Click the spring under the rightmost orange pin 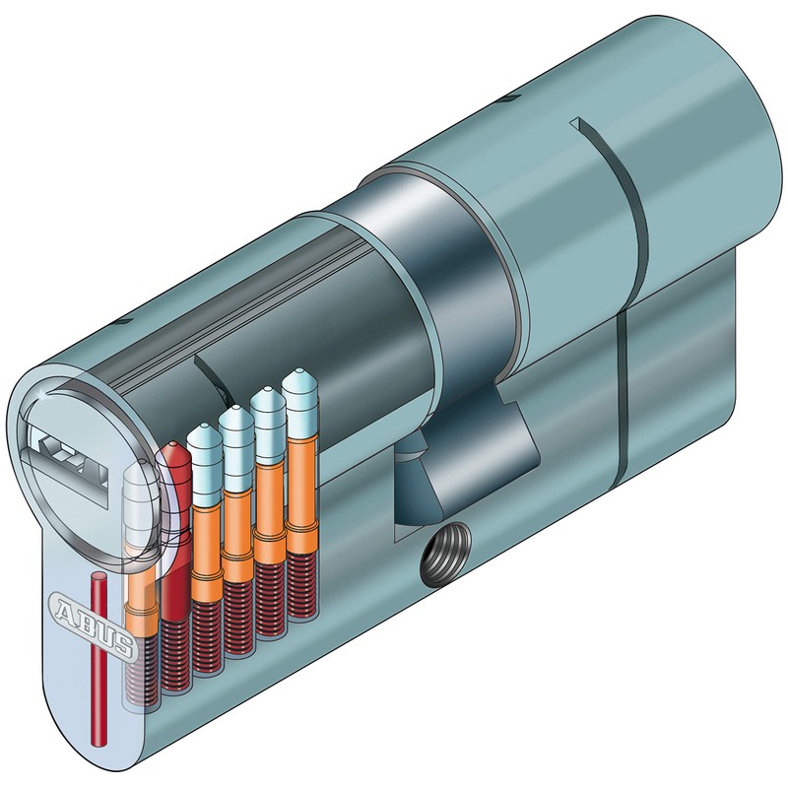click(299, 586)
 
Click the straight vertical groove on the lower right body click(624, 394)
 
